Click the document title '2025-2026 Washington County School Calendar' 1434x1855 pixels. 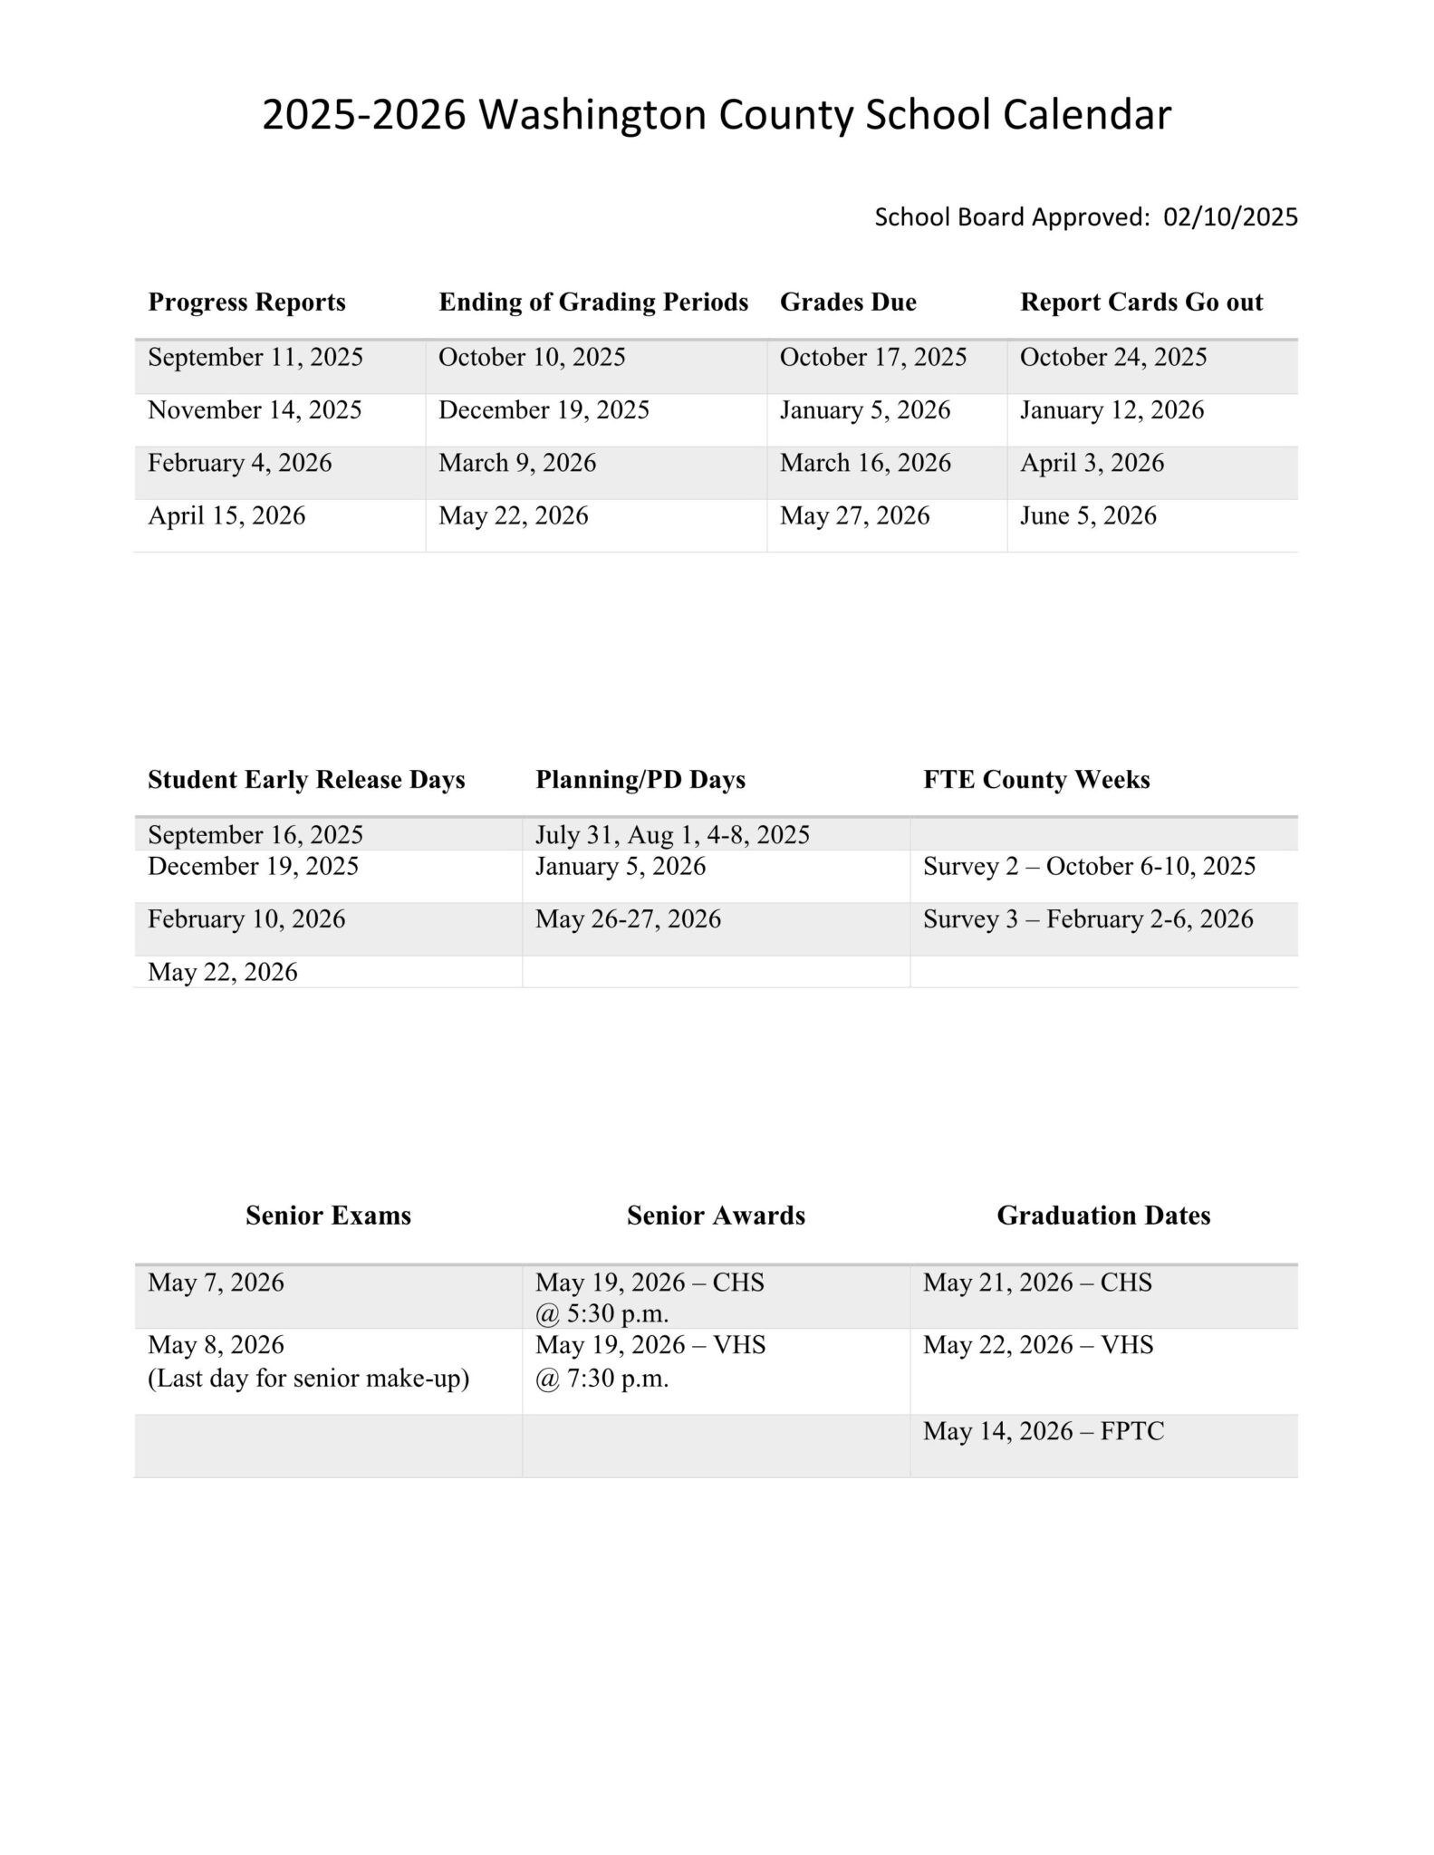[x=717, y=116]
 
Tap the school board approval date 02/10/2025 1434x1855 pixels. [x=1230, y=217]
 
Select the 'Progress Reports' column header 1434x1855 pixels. [x=246, y=303]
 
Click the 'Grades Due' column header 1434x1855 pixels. [x=848, y=303]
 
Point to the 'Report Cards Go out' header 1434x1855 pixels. [x=1141, y=303]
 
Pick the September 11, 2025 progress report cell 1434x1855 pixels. [x=255, y=358]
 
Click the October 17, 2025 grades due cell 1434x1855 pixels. [x=873, y=358]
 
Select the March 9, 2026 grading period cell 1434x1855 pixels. [x=517, y=464]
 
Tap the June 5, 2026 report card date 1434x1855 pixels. [x=1088, y=516]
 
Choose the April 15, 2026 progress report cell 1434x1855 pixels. [x=226, y=516]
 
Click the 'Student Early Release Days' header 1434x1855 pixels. [x=306, y=780]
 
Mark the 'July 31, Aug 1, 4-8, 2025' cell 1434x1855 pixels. [x=672, y=835]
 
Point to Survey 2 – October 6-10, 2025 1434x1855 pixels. [x=1089, y=867]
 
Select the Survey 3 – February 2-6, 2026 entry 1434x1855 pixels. [x=1088, y=919]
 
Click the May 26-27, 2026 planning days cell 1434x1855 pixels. [x=628, y=919]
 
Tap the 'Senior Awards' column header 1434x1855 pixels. [x=716, y=1216]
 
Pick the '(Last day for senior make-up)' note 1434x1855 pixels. [x=308, y=1379]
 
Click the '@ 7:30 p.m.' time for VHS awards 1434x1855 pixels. [x=602, y=1379]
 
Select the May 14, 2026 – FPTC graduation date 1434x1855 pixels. [x=1044, y=1431]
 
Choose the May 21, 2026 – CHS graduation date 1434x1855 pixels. [x=1037, y=1283]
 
